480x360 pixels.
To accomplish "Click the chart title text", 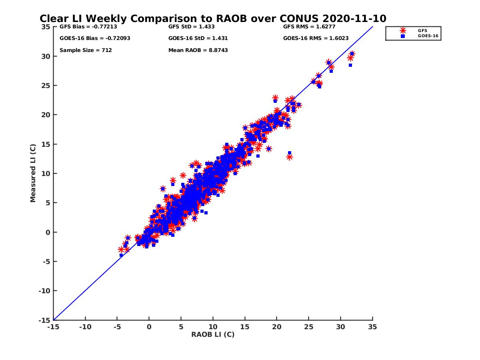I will point(213,19).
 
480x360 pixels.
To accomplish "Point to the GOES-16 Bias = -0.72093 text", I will point(95,38).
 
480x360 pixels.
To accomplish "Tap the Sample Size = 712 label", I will point(86,50).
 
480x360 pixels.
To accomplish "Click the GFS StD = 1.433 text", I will point(192,27).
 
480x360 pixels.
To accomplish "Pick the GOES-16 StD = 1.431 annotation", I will point(198,38).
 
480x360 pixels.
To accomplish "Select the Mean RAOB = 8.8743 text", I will point(198,50).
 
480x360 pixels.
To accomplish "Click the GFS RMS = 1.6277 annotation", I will point(309,27).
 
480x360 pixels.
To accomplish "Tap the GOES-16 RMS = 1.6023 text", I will point(316,38).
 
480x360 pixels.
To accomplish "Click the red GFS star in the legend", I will point(403,30).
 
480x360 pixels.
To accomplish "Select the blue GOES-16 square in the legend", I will point(403,36).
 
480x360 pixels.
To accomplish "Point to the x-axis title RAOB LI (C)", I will point(213,334).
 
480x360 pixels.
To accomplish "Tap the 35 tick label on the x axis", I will point(372,327).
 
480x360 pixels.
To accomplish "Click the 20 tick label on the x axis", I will point(277,327).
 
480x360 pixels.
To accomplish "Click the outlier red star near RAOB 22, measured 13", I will point(289,157).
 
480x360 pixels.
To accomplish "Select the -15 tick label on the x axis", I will point(53,327).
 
